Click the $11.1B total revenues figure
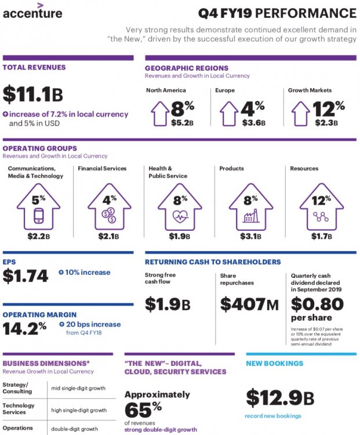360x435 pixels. (32, 95)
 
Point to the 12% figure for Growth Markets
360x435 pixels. (329, 108)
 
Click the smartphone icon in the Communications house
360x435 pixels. (39, 216)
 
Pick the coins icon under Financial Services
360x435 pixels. (108, 216)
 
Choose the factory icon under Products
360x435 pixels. (250, 216)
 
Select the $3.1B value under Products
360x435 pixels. (250, 236)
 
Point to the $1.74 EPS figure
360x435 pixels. (26, 276)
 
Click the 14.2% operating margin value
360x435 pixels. (24, 328)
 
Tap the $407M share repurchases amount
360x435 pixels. (249, 304)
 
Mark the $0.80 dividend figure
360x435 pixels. (317, 304)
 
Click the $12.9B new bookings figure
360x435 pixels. (280, 398)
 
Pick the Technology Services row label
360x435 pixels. (19, 408)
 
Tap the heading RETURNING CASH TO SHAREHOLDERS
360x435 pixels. (213, 262)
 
